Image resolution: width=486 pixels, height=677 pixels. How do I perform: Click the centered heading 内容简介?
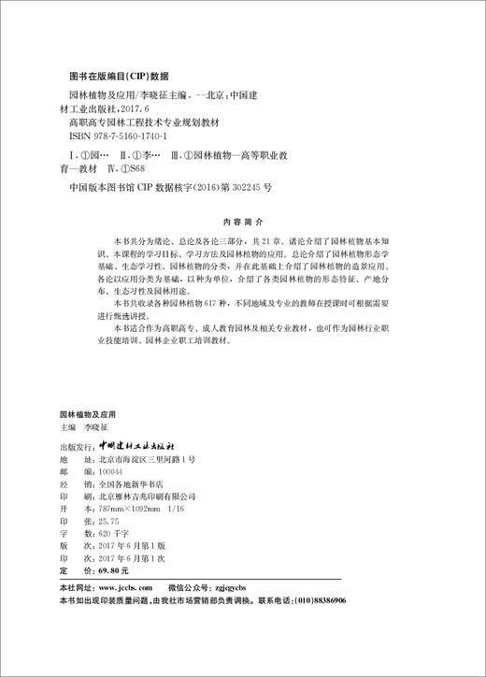pyautogui.click(x=241, y=224)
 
